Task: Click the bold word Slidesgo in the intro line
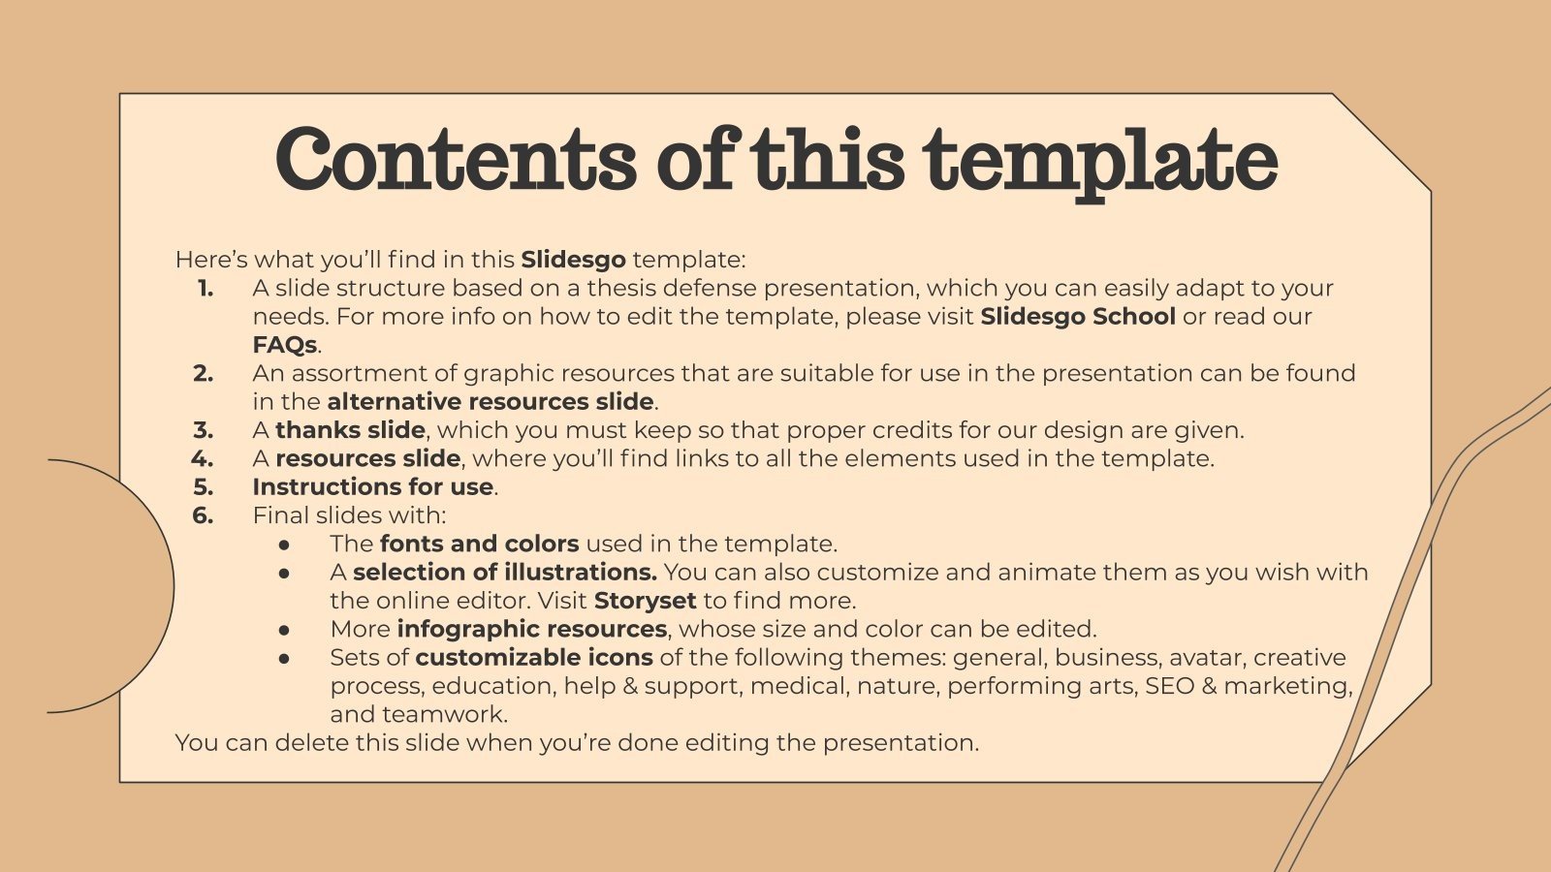(x=573, y=260)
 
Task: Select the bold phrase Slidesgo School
(x=1078, y=317)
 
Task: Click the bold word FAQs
(x=285, y=345)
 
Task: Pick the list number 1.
(x=206, y=288)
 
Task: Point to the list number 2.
(x=203, y=373)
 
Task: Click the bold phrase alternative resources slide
(x=491, y=402)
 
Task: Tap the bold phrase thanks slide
(x=350, y=430)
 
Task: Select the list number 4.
(x=203, y=458)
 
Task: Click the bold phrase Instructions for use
(x=373, y=486)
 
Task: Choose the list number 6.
(x=203, y=515)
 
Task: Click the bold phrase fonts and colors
(x=480, y=544)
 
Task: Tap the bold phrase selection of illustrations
(x=505, y=572)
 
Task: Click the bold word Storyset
(x=646, y=601)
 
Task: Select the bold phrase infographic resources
(x=531, y=629)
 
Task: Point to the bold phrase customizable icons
(x=534, y=657)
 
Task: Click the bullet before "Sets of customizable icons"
(x=284, y=658)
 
